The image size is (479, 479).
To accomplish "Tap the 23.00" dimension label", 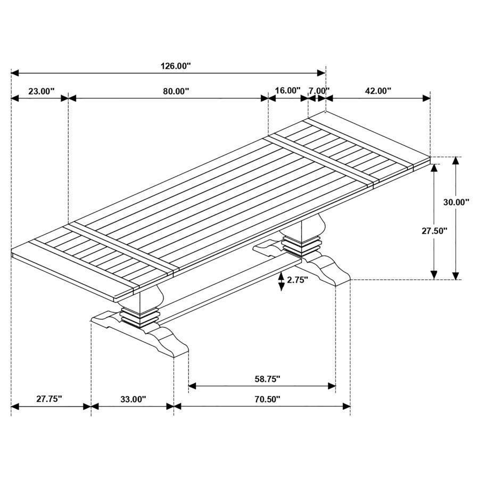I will tap(41, 91).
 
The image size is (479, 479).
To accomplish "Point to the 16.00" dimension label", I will tap(287, 90).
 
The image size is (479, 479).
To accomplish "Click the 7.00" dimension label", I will tap(319, 90).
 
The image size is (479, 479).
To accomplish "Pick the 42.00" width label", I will tap(378, 91).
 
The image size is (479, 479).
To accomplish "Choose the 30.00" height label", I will tap(456, 202).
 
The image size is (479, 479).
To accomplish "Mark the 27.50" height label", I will tap(434, 230).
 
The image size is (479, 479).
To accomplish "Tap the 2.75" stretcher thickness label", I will tap(298, 280).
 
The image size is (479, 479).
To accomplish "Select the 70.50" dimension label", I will tap(267, 399).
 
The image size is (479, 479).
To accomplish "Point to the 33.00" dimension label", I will tap(133, 399).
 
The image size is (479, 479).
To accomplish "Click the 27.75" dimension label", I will tap(49, 399).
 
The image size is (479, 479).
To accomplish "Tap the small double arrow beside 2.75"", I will tap(281, 281).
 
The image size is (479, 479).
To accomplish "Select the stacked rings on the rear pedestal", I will tap(302, 246).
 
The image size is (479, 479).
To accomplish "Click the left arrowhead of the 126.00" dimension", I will tap(15, 72).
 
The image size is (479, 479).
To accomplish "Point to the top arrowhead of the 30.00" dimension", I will tap(456, 161).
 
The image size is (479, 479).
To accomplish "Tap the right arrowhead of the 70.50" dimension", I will tap(346, 407).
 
